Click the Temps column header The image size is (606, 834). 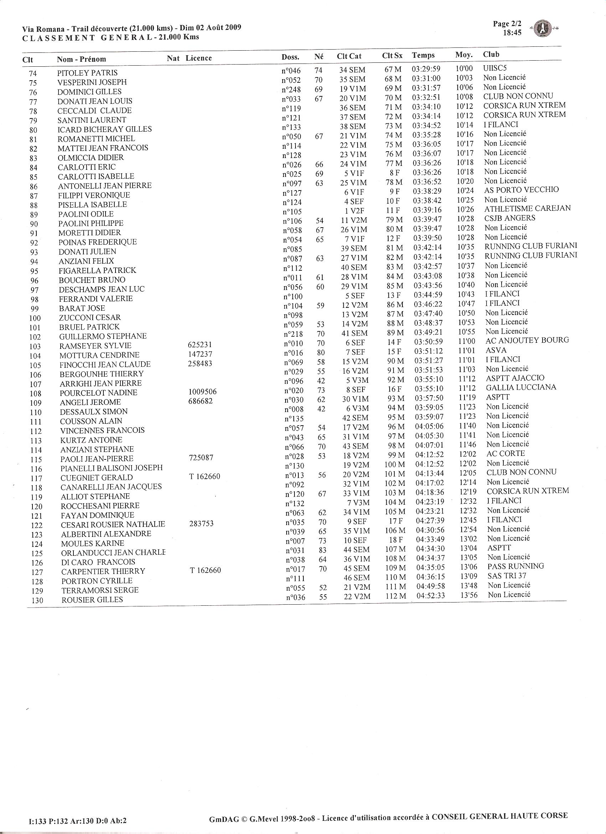coord(423,55)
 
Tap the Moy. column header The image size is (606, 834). coord(463,55)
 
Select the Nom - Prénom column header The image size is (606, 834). coord(81,59)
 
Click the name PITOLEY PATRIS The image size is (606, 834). coord(87,73)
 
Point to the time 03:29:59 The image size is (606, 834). coord(426,69)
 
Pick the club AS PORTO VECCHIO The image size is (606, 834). coord(521,190)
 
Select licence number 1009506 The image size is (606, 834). coord(202,392)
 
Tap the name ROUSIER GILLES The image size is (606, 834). coord(92,600)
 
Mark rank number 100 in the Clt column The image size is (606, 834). coord(35,319)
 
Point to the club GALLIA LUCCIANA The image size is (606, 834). coord(521,387)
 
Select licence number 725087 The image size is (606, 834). coord(200,458)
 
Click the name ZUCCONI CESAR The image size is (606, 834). coord(90,317)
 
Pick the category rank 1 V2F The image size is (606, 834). coord(354,211)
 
